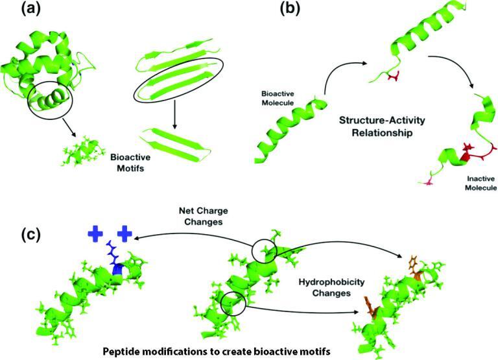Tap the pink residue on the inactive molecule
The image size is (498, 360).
pos(427,184)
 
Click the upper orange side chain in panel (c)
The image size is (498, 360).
pos(413,266)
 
